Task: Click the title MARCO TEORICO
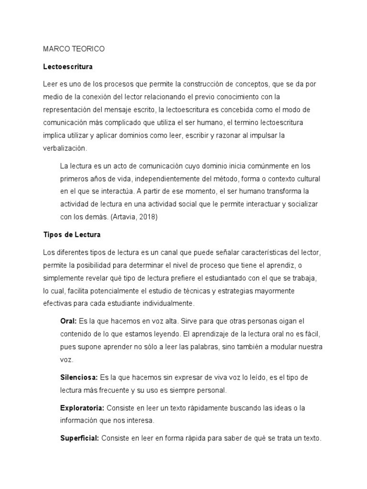(74, 49)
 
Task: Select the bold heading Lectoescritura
(68, 66)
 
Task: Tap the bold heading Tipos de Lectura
(72, 235)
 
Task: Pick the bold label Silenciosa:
(79, 377)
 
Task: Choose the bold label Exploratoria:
(82, 408)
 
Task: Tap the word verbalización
(65, 148)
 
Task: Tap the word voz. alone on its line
(67, 359)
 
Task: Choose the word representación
(70, 109)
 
